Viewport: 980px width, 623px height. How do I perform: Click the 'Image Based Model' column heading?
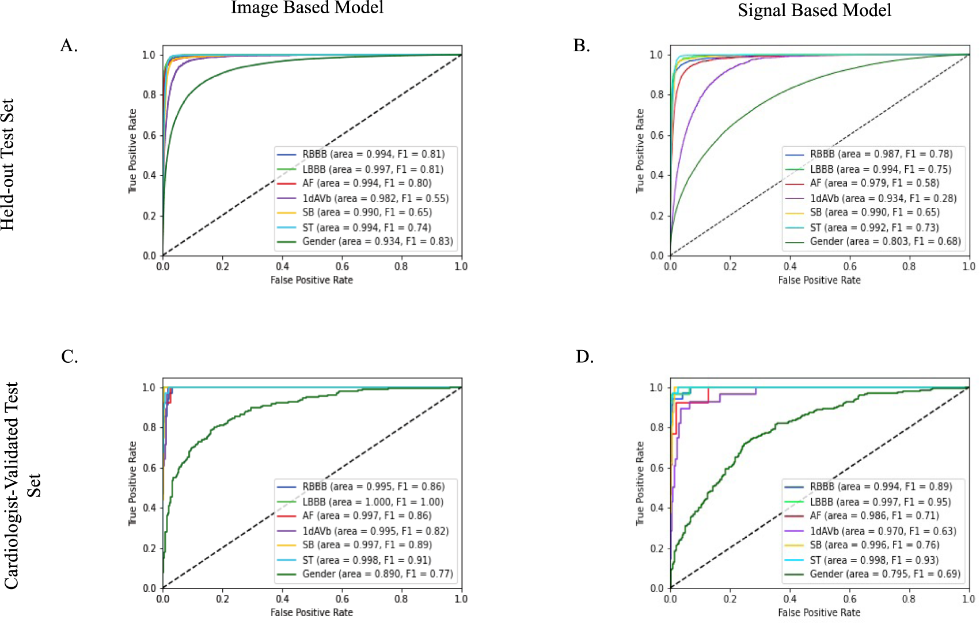(307, 7)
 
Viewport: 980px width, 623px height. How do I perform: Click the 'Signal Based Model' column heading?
(814, 10)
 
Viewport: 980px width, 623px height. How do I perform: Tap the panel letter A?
(69, 45)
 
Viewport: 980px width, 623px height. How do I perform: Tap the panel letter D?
(584, 357)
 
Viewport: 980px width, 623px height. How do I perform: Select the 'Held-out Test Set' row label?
(8, 165)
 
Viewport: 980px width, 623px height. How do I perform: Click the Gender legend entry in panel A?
(377, 241)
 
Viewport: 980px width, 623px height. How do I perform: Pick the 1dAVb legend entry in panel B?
(883, 198)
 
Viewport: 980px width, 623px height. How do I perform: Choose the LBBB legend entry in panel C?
(373, 502)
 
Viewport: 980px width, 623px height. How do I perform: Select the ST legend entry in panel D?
(873, 560)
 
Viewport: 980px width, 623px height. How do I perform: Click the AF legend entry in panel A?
(366, 183)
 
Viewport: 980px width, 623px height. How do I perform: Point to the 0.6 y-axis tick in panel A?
(149, 135)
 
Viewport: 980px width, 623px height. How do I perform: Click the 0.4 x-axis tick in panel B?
(789, 266)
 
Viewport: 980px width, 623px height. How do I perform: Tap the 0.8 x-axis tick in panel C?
(401, 599)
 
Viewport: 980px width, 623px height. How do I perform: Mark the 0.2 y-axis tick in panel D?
(656, 548)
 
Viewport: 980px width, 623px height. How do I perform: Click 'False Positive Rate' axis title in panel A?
(312, 280)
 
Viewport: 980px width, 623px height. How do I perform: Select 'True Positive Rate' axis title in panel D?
(640, 484)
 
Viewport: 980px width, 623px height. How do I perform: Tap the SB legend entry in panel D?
(874, 545)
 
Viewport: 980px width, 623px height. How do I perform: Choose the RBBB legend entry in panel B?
(881, 154)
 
